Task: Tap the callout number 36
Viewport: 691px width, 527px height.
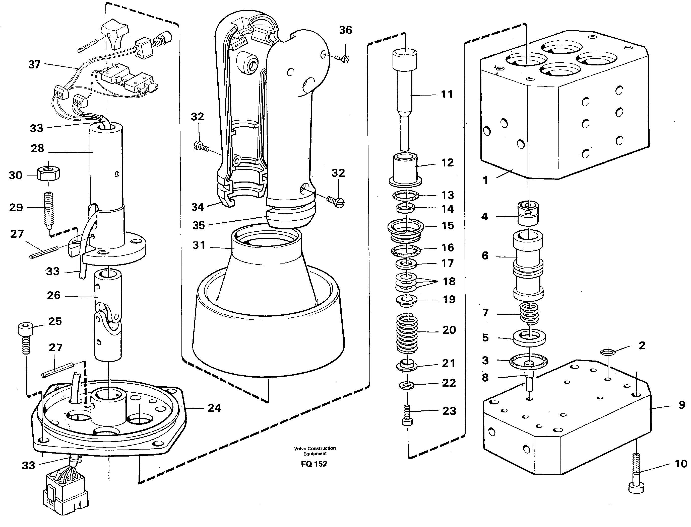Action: pyautogui.click(x=345, y=30)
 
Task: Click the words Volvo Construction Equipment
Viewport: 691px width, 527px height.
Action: pyautogui.click(x=315, y=451)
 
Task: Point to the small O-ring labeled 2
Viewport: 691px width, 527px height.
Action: pyautogui.click(x=608, y=352)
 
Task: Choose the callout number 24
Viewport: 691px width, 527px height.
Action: pyautogui.click(x=214, y=408)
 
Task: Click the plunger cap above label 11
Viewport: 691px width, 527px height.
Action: pyautogui.click(x=405, y=60)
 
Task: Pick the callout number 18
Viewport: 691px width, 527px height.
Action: pyautogui.click(x=449, y=281)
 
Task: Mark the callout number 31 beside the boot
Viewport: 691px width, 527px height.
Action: pyautogui.click(x=199, y=245)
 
